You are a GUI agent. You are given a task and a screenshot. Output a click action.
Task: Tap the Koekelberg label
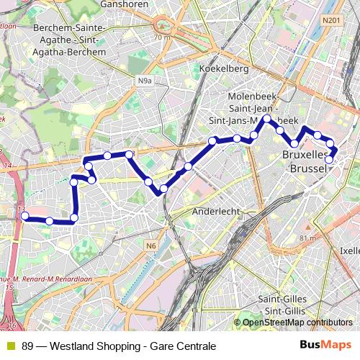(224, 69)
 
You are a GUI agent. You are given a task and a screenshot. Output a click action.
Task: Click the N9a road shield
(145, 81)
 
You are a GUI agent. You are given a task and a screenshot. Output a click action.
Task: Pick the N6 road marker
(150, 246)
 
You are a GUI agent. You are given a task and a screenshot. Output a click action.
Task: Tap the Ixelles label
(349, 251)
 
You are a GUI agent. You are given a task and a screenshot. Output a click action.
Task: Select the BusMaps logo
(326, 345)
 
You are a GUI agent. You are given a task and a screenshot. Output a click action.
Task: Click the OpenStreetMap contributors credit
(297, 323)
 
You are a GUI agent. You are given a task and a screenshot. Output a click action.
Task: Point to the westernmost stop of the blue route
(24, 215)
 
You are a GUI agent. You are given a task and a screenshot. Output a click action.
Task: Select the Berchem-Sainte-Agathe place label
(70, 40)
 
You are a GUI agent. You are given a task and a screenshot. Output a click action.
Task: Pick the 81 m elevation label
(308, 238)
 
